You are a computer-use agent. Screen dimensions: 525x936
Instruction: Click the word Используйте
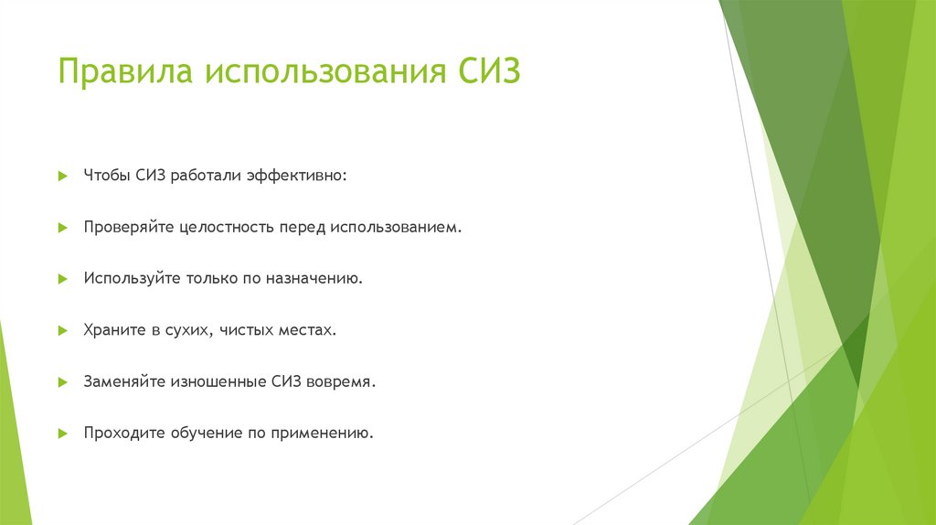click(x=129, y=277)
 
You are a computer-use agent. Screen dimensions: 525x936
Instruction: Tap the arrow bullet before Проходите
click(x=62, y=433)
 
